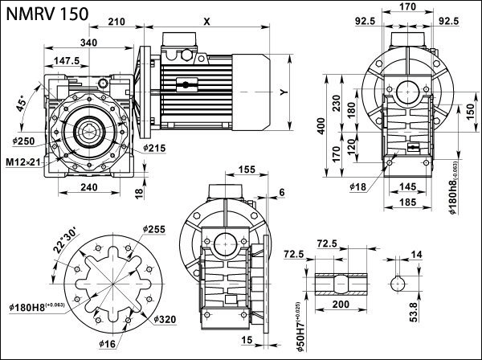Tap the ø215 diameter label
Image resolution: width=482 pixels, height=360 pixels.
[155, 149]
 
